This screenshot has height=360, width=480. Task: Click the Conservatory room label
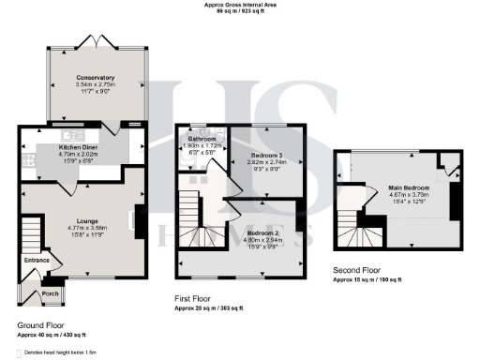tap(96, 78)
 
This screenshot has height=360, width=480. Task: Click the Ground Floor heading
tap(41, 327)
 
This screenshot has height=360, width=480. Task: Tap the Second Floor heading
tap(357, 270)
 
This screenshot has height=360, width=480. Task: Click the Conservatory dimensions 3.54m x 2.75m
tap(96, 84)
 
